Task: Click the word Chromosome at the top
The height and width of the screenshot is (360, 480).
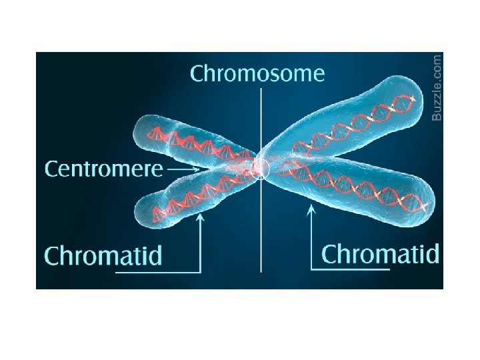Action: tap(257, 73)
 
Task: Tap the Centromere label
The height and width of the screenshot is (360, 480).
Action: tap(103, 169)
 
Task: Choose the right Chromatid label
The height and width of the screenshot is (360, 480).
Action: tap(381, 254)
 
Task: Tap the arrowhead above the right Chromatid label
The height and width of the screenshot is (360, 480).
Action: tap(311, 211)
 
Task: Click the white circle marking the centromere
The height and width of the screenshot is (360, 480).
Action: tap(260, 168)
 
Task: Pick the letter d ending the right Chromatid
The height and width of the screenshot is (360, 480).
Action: tap(433, 253)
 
